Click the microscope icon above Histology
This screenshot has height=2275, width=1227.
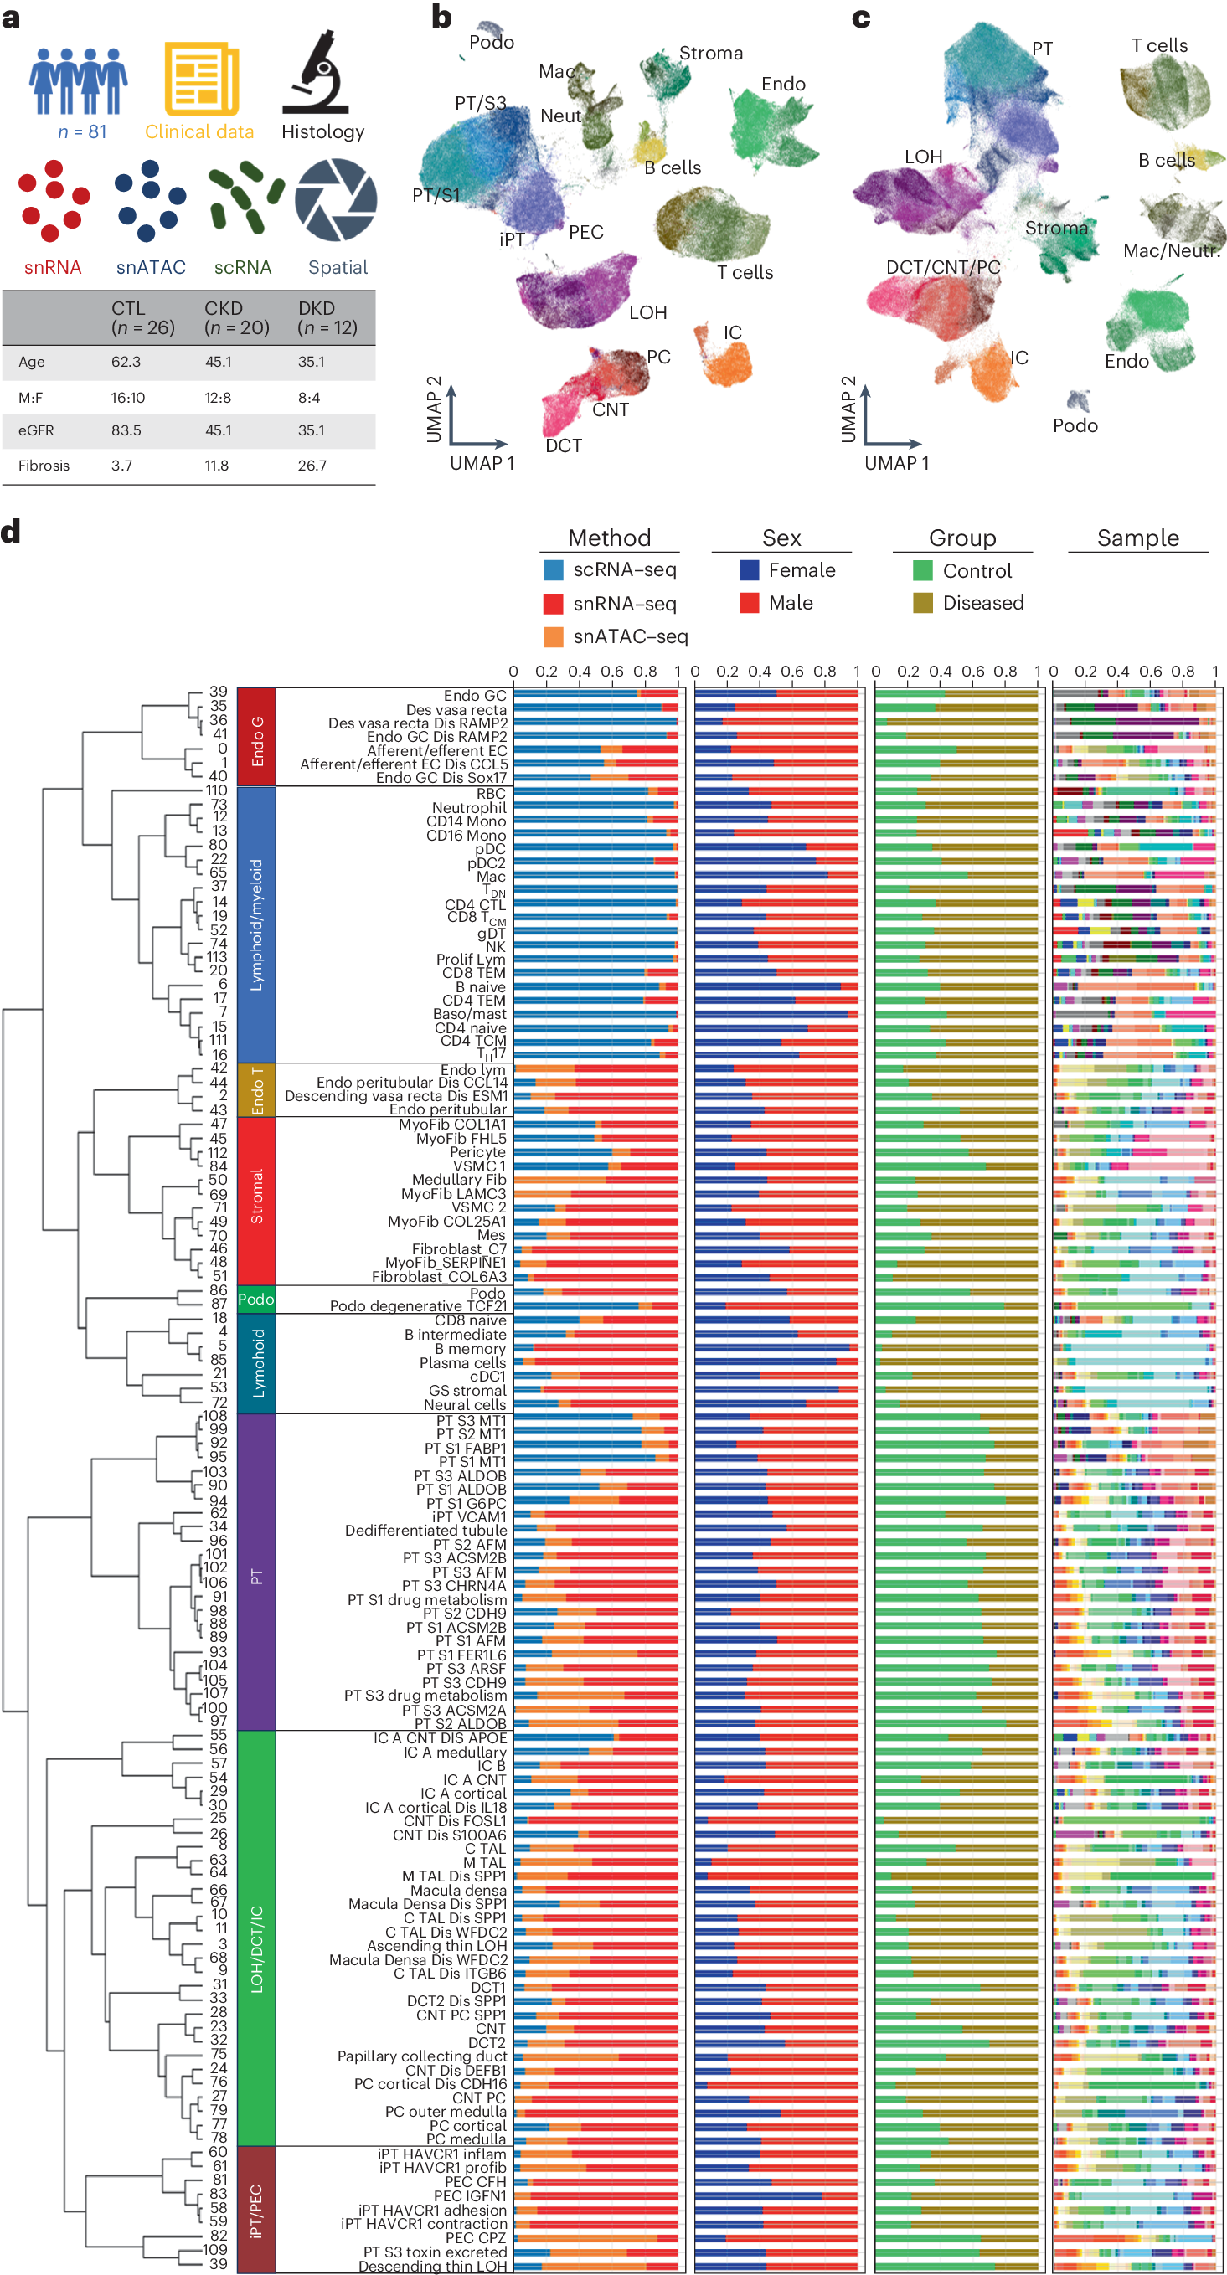(x=316, y=75)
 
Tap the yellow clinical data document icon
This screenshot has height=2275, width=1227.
(x=201, y=79)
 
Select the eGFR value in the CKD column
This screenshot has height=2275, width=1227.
(x=217, y=431)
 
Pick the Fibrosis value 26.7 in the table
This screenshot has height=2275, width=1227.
(x=312, y=466)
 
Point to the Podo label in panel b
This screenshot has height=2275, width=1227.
(x=491, y=43)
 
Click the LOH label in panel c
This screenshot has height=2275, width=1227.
(x=923, y=157)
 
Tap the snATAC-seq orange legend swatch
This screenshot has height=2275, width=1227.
(x=553, y=636)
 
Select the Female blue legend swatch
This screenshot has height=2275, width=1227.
(x=749, y=570)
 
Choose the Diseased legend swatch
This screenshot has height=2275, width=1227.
(x=922, y=603)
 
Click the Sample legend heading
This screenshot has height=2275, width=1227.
(x=1137, y=538)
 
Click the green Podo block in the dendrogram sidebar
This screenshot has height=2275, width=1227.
(x=256, y=1300)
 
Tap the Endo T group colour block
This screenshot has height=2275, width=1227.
(x=256, y=1090)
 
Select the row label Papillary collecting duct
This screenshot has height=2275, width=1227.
(x=422, y=2056)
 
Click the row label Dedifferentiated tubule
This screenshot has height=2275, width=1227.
(x=425, y=1531)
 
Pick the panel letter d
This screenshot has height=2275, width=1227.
(x=12, y=532)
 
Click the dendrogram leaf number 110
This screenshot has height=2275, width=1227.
(x=215, y=790)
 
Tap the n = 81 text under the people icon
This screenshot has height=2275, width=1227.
(x=81, y=132)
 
